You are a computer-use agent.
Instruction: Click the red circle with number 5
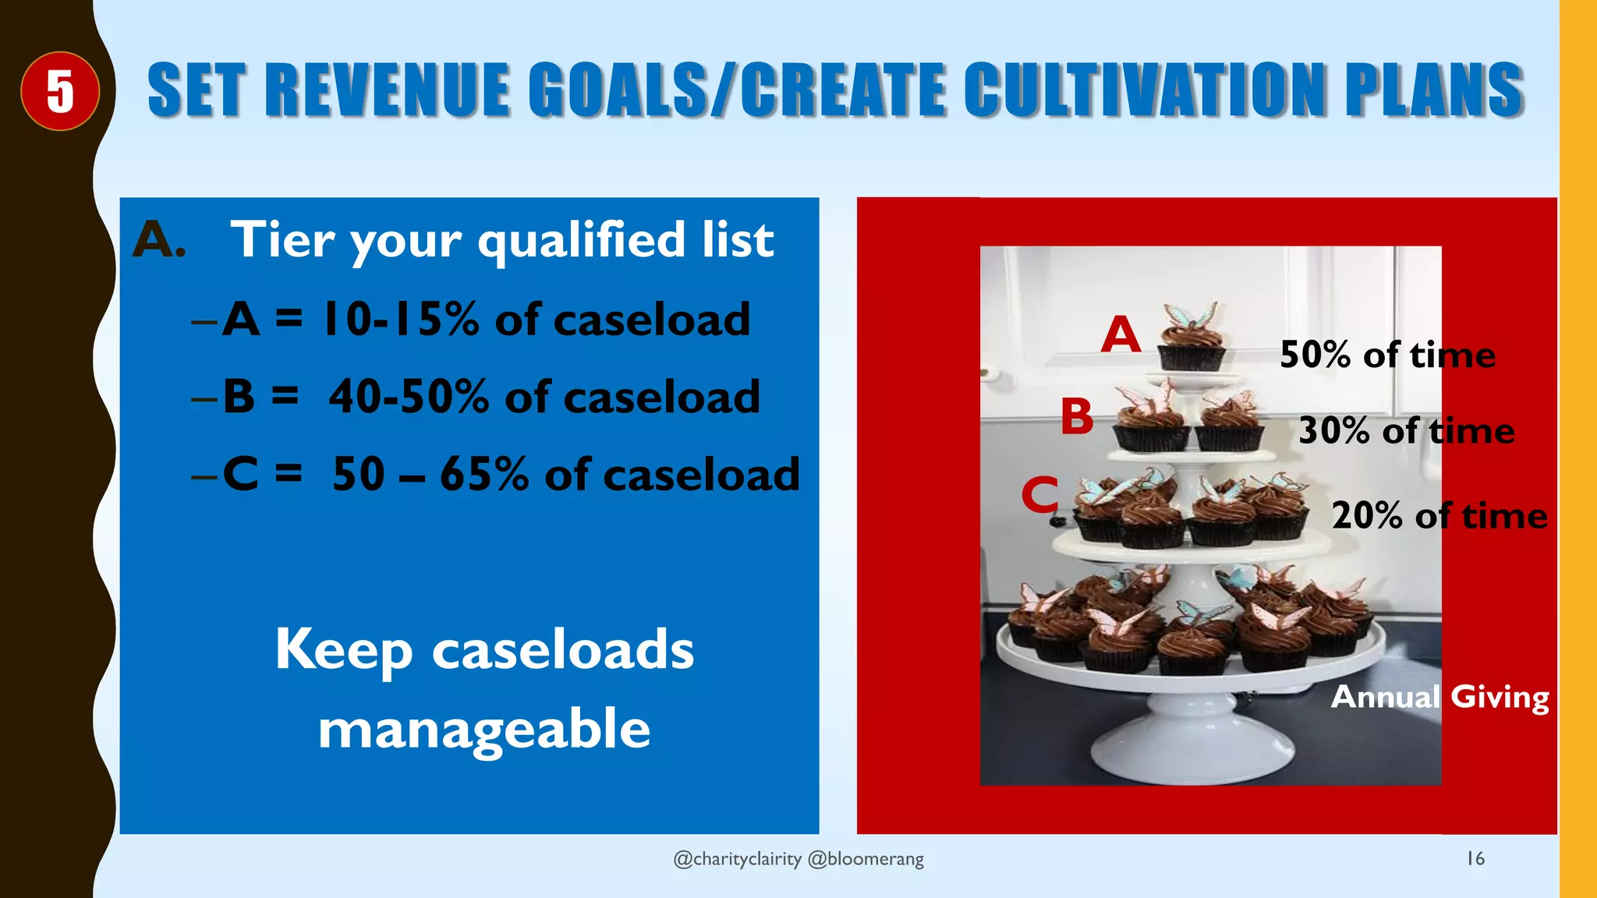tap(60, 91)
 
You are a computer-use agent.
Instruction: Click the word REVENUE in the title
tap(388, 91)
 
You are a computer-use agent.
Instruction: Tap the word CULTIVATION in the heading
tap(1146, 91)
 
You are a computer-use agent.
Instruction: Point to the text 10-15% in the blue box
tap(401, 320)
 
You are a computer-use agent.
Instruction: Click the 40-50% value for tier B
tap(408, 397)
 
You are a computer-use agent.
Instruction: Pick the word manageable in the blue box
tap(484, 730)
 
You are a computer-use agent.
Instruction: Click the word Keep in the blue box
tap(344, 650)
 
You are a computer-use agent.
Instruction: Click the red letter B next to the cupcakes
tap(1077, 417)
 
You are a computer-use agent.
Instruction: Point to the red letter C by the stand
tap(1040, 495)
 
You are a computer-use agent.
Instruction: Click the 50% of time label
tap(1387, 355)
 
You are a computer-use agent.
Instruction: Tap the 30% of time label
tap(1406, 431)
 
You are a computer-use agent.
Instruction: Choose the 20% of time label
tap(1439, 516)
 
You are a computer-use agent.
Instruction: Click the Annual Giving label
tap(1439, 697)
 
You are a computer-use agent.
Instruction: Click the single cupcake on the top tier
tap(1191, 340)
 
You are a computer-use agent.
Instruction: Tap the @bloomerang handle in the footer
tap(866, 859)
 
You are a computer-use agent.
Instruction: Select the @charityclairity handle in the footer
tap(737, 859)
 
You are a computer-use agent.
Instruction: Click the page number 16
tap(1475, 858)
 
